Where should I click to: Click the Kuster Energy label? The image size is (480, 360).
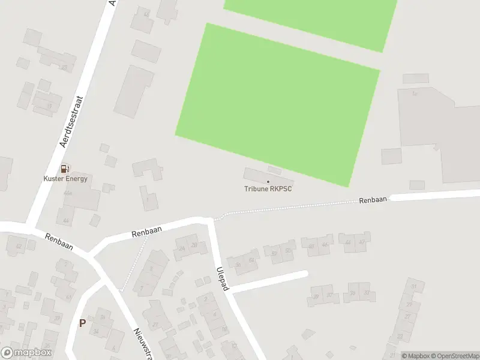click(x=65, y=179)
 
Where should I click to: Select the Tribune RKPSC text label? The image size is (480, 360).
click(x=268, y=189)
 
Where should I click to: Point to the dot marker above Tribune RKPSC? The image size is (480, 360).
click(x=268, y=182)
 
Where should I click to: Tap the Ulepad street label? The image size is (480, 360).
click(x=223, y=278)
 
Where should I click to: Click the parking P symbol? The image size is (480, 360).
click(x=82, y=323)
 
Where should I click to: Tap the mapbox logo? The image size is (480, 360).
click(x=26, y=353)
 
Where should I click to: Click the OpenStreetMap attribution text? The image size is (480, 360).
click(x=454, y=356)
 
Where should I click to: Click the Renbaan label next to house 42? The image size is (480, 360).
click(x=59, y=242)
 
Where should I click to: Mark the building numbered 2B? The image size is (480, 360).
click(x=194, y=244)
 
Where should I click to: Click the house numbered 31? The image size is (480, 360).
click(x=413, y=286)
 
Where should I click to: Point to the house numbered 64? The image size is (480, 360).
click(x=251, y=260)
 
